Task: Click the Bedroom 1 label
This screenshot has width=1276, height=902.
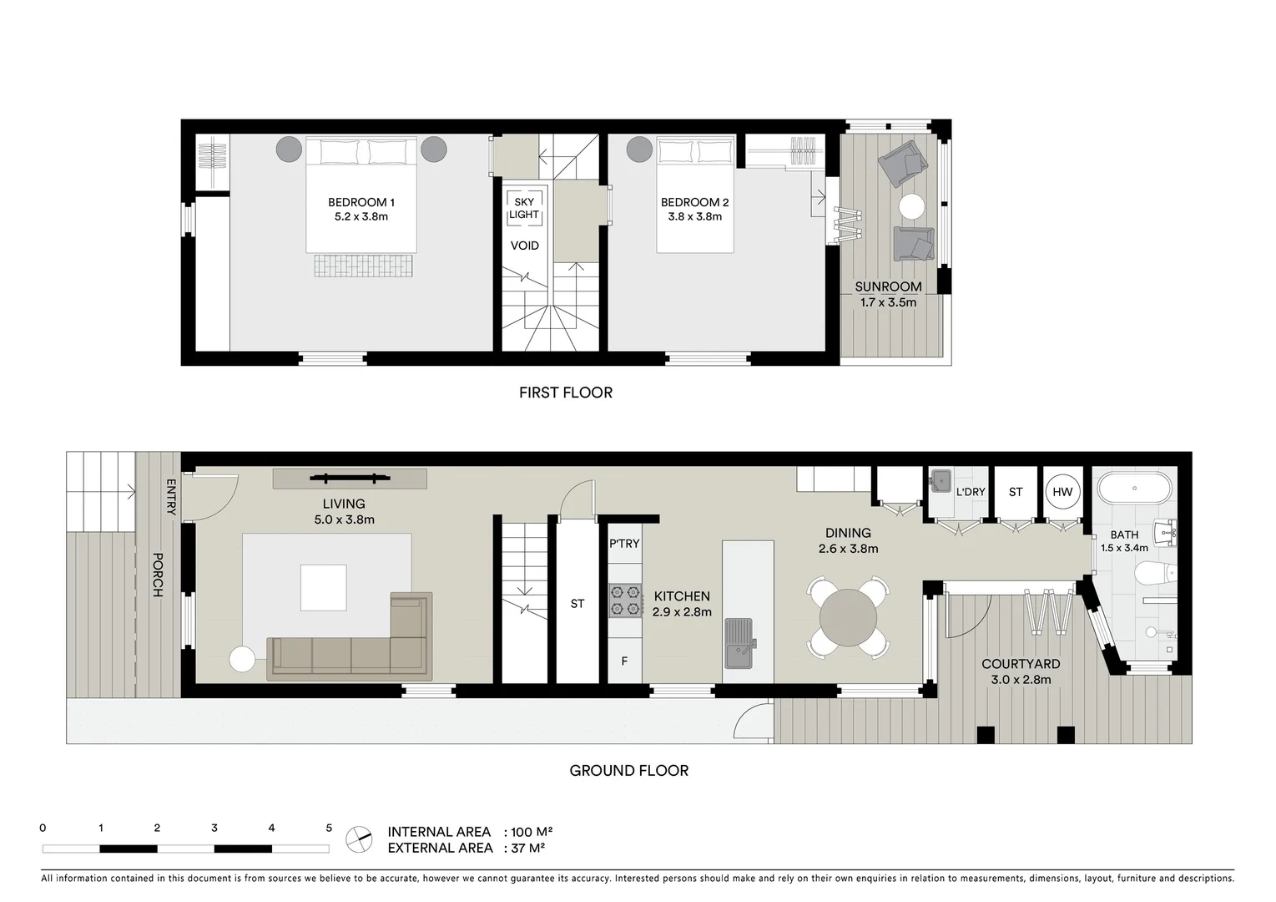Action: (361, 202)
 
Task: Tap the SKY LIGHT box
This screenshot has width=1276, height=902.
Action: (524, 208)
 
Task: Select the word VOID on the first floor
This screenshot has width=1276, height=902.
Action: (524, 246)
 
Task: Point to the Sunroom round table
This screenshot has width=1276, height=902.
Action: (911, 206)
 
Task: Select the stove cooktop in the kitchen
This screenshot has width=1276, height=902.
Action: (625, 600)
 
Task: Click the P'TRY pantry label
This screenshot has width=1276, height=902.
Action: (624, 544)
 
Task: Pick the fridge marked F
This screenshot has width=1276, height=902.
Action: (624, 661)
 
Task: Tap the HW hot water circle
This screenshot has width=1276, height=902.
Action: (1062, 492)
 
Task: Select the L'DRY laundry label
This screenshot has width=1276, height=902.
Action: (970, 492)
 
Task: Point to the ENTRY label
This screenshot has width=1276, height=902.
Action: (171, 496)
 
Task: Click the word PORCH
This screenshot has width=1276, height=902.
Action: (157, 575)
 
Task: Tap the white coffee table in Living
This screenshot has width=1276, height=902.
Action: (323, 588)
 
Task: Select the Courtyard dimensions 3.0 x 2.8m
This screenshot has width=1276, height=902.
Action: (1021, 680)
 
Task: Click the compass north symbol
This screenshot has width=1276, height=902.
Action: (359, 839)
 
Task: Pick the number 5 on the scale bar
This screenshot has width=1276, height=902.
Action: (329, 829)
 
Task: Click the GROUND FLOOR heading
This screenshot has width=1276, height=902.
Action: (628, 771)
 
